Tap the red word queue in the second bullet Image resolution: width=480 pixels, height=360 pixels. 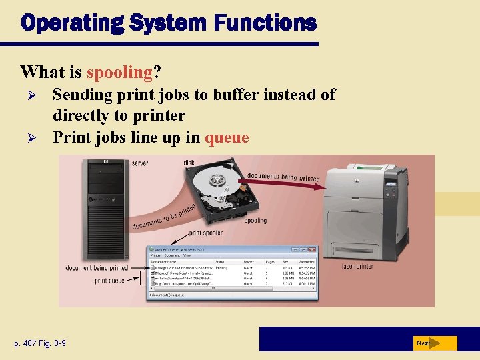[227, 137]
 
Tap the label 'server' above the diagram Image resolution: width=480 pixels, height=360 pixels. [140, 163]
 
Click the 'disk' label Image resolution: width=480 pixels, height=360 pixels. [189, 162]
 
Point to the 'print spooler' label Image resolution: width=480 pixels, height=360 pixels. [206, 233]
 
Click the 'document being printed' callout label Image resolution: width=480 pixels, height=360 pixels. [97, 268]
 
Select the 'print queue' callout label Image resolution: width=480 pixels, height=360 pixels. [110, 281]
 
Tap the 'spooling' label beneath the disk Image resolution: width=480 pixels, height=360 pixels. [255, 220]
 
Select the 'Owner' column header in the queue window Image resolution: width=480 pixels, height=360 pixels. [248, 262]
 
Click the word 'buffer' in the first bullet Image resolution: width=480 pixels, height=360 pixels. [237, 95]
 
